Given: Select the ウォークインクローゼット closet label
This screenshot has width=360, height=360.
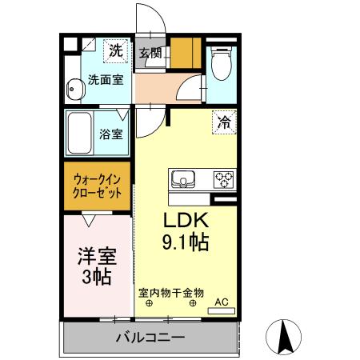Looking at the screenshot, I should pos(98,187).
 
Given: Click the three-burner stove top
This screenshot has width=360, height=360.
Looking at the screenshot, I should pos(222,179).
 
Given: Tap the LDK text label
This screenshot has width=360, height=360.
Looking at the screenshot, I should pos(186,221).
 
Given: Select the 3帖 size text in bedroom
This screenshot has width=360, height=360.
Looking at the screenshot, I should pos(96,278).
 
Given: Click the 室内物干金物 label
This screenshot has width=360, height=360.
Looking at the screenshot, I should pos(171,293).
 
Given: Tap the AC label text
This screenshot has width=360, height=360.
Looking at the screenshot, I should pos(223,302).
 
